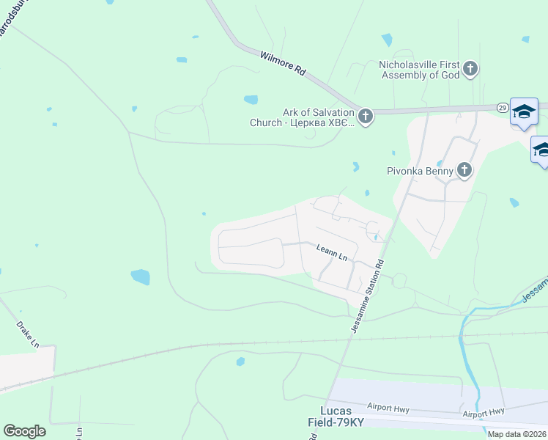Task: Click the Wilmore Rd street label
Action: click(x=282, y=63)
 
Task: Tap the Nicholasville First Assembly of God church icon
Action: click(x=470, y=70)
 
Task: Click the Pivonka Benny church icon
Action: click(x=464, y=171)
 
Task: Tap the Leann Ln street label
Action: click(x=332, y=253)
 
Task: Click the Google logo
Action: click(x=24, y=431)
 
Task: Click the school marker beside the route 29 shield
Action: click(x=524, y=111)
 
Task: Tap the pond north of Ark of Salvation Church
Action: click(x=251, y=100)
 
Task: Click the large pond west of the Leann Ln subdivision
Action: click(x=140, y=276)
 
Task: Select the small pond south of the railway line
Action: click(x=240, y=362)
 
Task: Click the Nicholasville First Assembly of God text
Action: click(x=418, y=70)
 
